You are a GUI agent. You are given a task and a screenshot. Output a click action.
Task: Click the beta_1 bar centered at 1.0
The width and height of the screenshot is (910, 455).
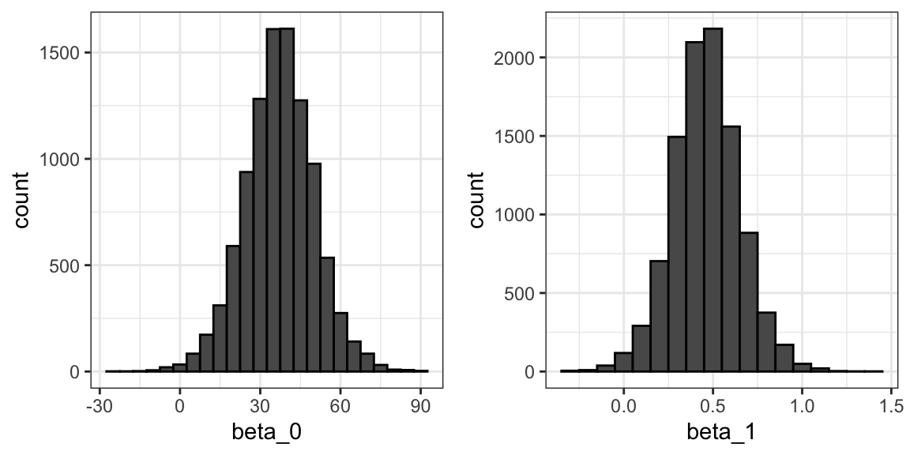[x=802, y=367]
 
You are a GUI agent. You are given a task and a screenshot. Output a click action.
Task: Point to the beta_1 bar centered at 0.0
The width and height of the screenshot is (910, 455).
[x=623, y=362]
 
